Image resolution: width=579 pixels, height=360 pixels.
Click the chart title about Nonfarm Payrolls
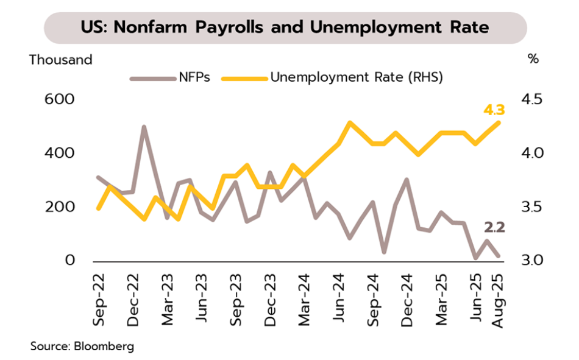[x=285, y=27]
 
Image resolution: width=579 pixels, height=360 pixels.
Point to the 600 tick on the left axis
[x=59, y=99]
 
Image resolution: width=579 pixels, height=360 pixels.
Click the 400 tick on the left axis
[x=59, y=153]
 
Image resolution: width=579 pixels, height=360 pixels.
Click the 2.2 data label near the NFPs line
[x=494, y=228]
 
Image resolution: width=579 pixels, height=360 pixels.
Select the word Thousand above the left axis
[x=61, y=60]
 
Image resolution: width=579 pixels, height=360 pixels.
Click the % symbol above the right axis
[x=533, y=60]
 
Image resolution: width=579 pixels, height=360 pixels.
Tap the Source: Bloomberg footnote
[x=82, y=347]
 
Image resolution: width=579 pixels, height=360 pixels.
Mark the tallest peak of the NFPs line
[x=144, y=127]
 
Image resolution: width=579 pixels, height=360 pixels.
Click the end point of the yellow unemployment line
[x=499, y=122]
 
